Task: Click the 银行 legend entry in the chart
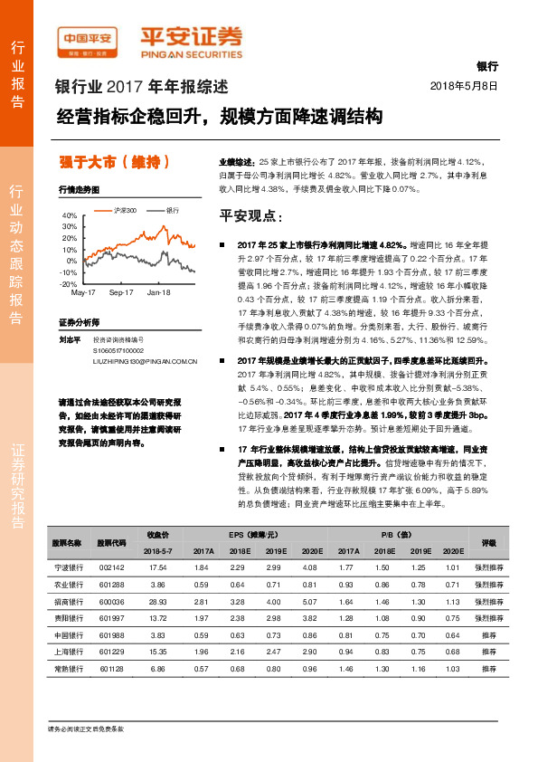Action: click(171, 209)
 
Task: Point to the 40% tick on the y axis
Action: click(70, 216)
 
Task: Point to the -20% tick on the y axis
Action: click(69, 283)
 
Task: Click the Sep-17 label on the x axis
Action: click(121, 293)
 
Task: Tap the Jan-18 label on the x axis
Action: click(159, 293)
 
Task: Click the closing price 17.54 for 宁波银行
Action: click(157, 567)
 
